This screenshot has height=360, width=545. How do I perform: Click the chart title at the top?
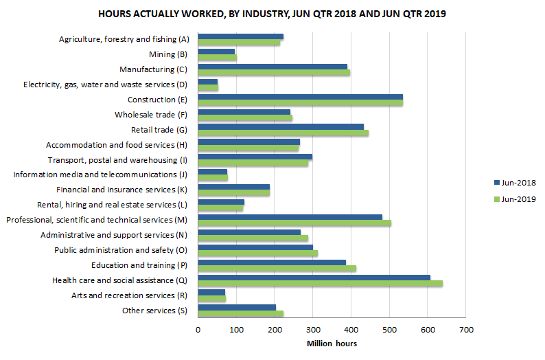272,14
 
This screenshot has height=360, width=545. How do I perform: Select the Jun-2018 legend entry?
513,183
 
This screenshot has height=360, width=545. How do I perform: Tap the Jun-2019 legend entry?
513,199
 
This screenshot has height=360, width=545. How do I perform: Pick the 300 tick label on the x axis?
313,330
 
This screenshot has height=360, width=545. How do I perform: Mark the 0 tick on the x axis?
198,330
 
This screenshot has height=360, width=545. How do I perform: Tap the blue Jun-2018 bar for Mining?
216,52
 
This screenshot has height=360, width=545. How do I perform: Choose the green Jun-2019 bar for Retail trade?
283,133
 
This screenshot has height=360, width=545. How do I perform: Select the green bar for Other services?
240,313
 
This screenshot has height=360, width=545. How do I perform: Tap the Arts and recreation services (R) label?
130,295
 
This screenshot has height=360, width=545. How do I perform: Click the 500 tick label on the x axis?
389,330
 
